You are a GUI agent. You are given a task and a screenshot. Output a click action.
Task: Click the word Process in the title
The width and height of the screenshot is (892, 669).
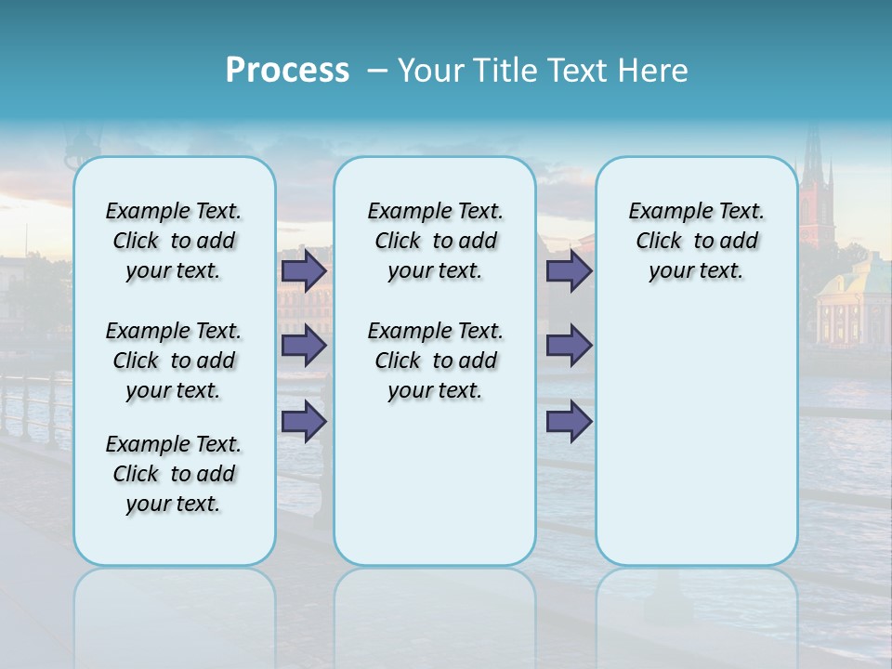tap(287, 71)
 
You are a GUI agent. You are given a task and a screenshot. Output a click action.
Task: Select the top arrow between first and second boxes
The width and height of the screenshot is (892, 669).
tap(304, 271)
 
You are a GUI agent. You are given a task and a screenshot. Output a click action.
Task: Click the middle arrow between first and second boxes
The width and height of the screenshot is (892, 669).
tap(304, 346)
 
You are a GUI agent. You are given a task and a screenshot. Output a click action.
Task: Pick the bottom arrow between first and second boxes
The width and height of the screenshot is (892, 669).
tap(304, 421)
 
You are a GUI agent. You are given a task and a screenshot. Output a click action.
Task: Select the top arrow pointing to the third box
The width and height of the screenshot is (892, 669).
tap(569, 271)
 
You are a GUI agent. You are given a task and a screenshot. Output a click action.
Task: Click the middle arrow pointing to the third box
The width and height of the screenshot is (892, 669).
tap(569, 346)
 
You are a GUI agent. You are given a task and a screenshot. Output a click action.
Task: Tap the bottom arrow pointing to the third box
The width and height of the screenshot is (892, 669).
tap(569, 421)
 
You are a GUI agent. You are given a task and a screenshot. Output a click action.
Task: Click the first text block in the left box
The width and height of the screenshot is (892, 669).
tap(174, 241)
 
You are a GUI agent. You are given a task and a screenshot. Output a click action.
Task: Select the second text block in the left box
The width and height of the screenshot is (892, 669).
tap(174, 361)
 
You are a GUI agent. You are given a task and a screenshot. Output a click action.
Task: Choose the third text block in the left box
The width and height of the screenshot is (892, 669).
tap(174, 474)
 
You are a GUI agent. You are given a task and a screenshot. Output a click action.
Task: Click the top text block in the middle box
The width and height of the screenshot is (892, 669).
tap(435, 241)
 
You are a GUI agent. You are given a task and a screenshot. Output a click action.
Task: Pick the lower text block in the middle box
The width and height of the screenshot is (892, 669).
tap(435, 361)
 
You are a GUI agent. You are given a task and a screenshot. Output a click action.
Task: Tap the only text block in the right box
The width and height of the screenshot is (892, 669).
tap(696, 241)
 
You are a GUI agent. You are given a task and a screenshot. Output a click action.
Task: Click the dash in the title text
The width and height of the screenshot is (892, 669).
tap(375, 72)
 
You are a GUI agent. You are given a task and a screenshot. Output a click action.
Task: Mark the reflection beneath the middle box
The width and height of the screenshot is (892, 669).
tap(435, 604)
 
